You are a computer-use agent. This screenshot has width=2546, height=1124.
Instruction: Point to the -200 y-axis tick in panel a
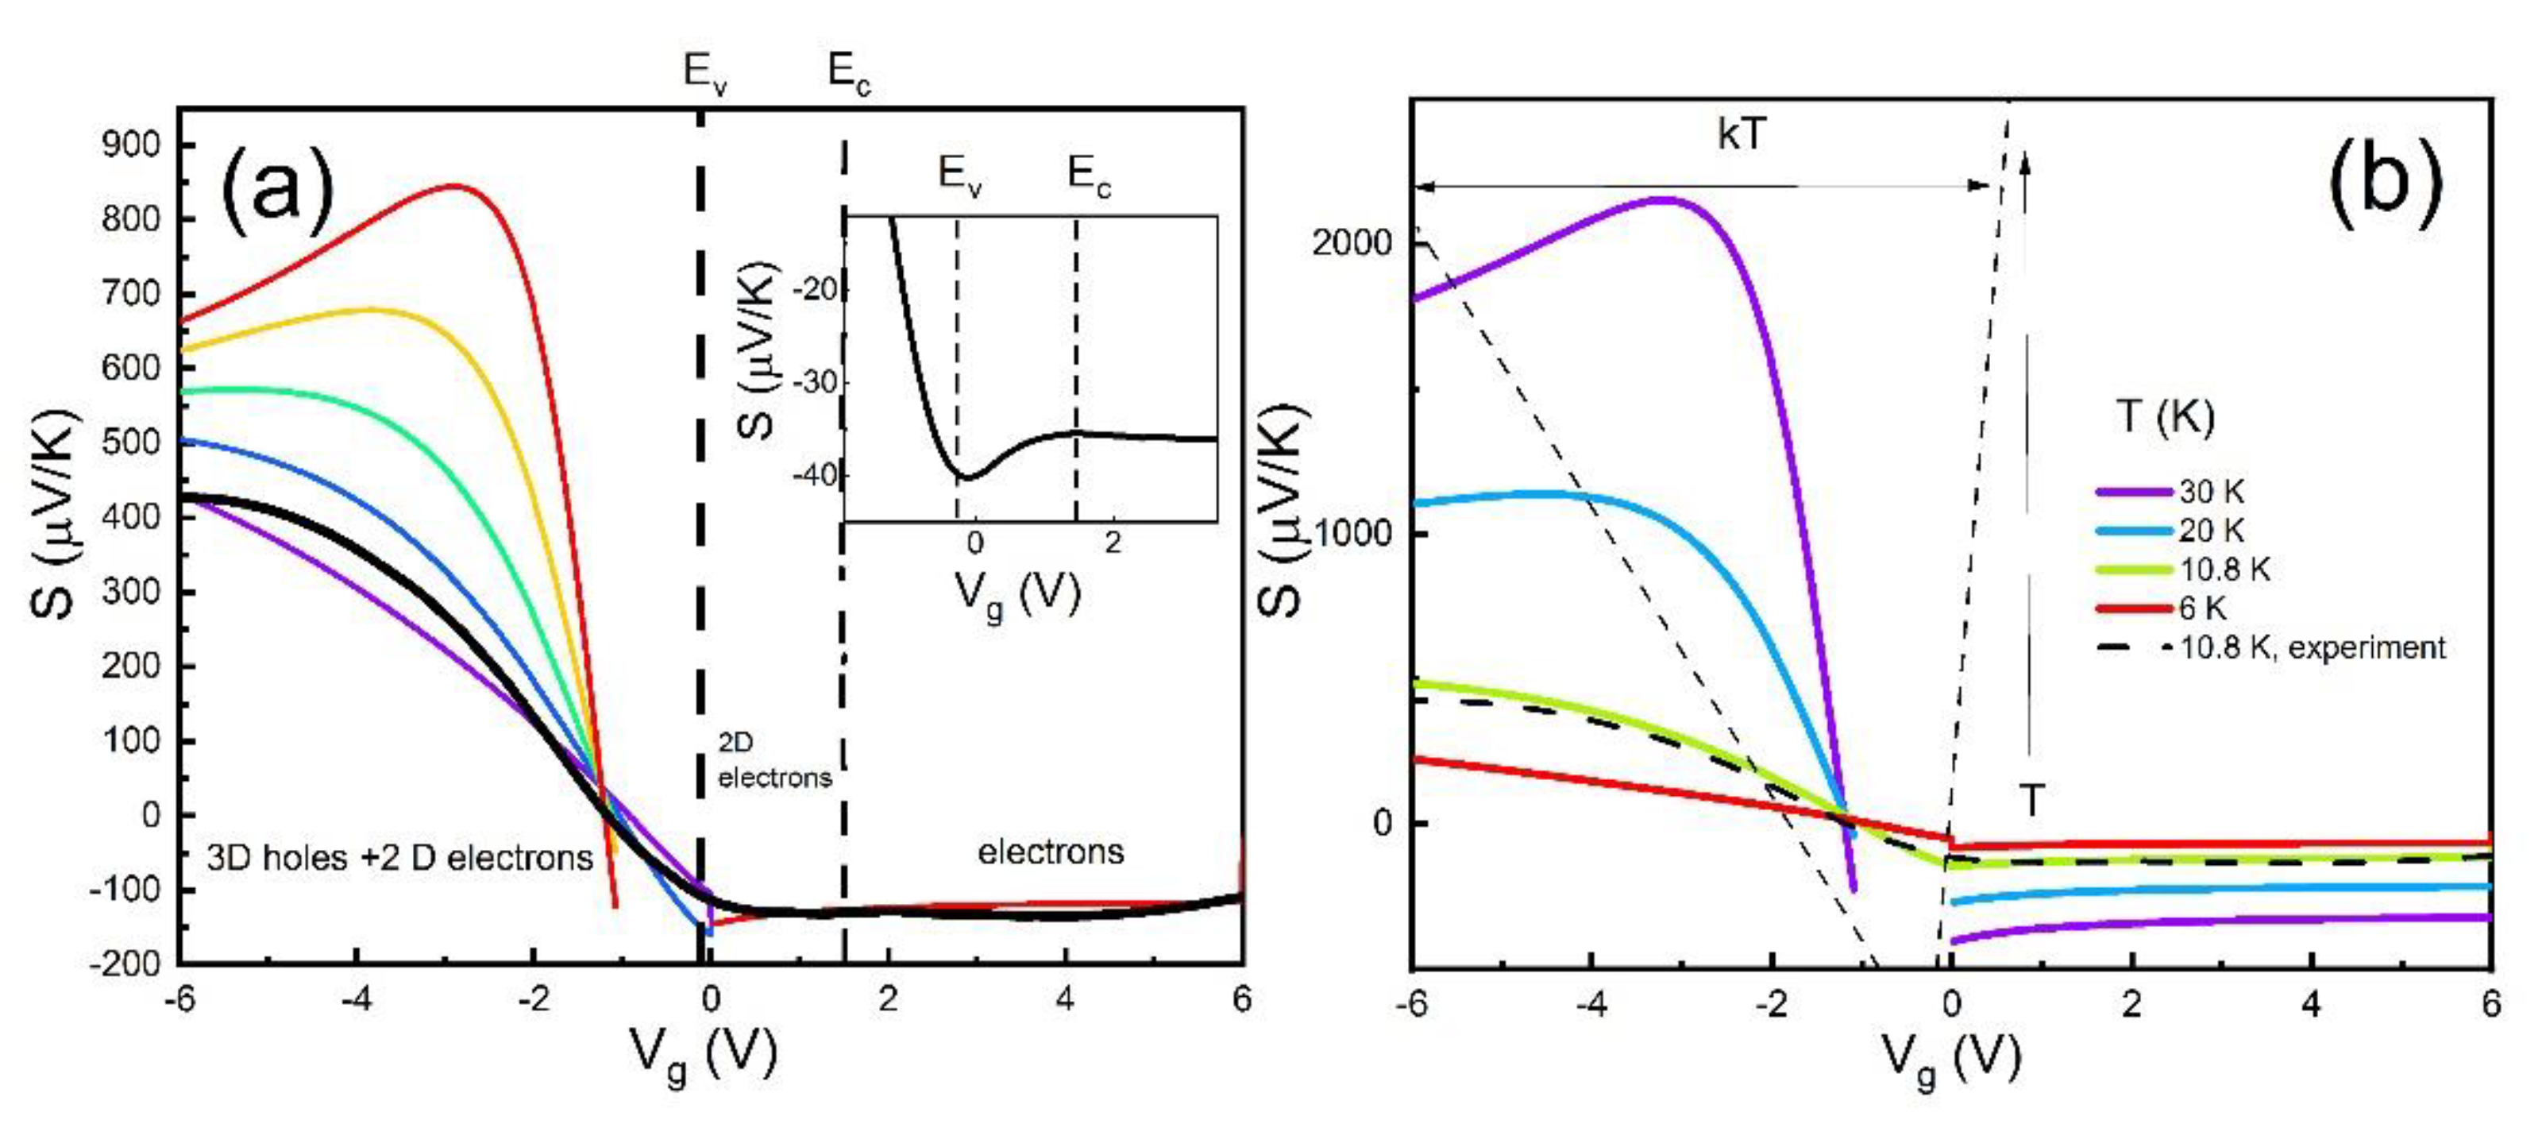click(x=125, y=964)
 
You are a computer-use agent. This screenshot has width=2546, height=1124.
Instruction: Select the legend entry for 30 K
click(x=2210, y=492)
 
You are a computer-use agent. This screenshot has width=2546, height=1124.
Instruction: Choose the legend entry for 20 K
click(x=2210, y=531)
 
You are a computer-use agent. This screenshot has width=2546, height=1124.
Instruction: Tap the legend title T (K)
click(x=2165, y=417)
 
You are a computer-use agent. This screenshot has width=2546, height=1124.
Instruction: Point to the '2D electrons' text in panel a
click(x=773, y=760)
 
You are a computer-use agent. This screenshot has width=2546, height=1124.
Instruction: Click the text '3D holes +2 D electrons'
click(x=399, y=858)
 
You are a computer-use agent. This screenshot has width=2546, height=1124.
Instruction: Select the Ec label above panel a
click(x=849, y=73)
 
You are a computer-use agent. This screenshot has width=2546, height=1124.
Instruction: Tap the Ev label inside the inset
click(x=959, y=176)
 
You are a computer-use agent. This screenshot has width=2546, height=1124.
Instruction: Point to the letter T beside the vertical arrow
click(x=2030, y=799)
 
